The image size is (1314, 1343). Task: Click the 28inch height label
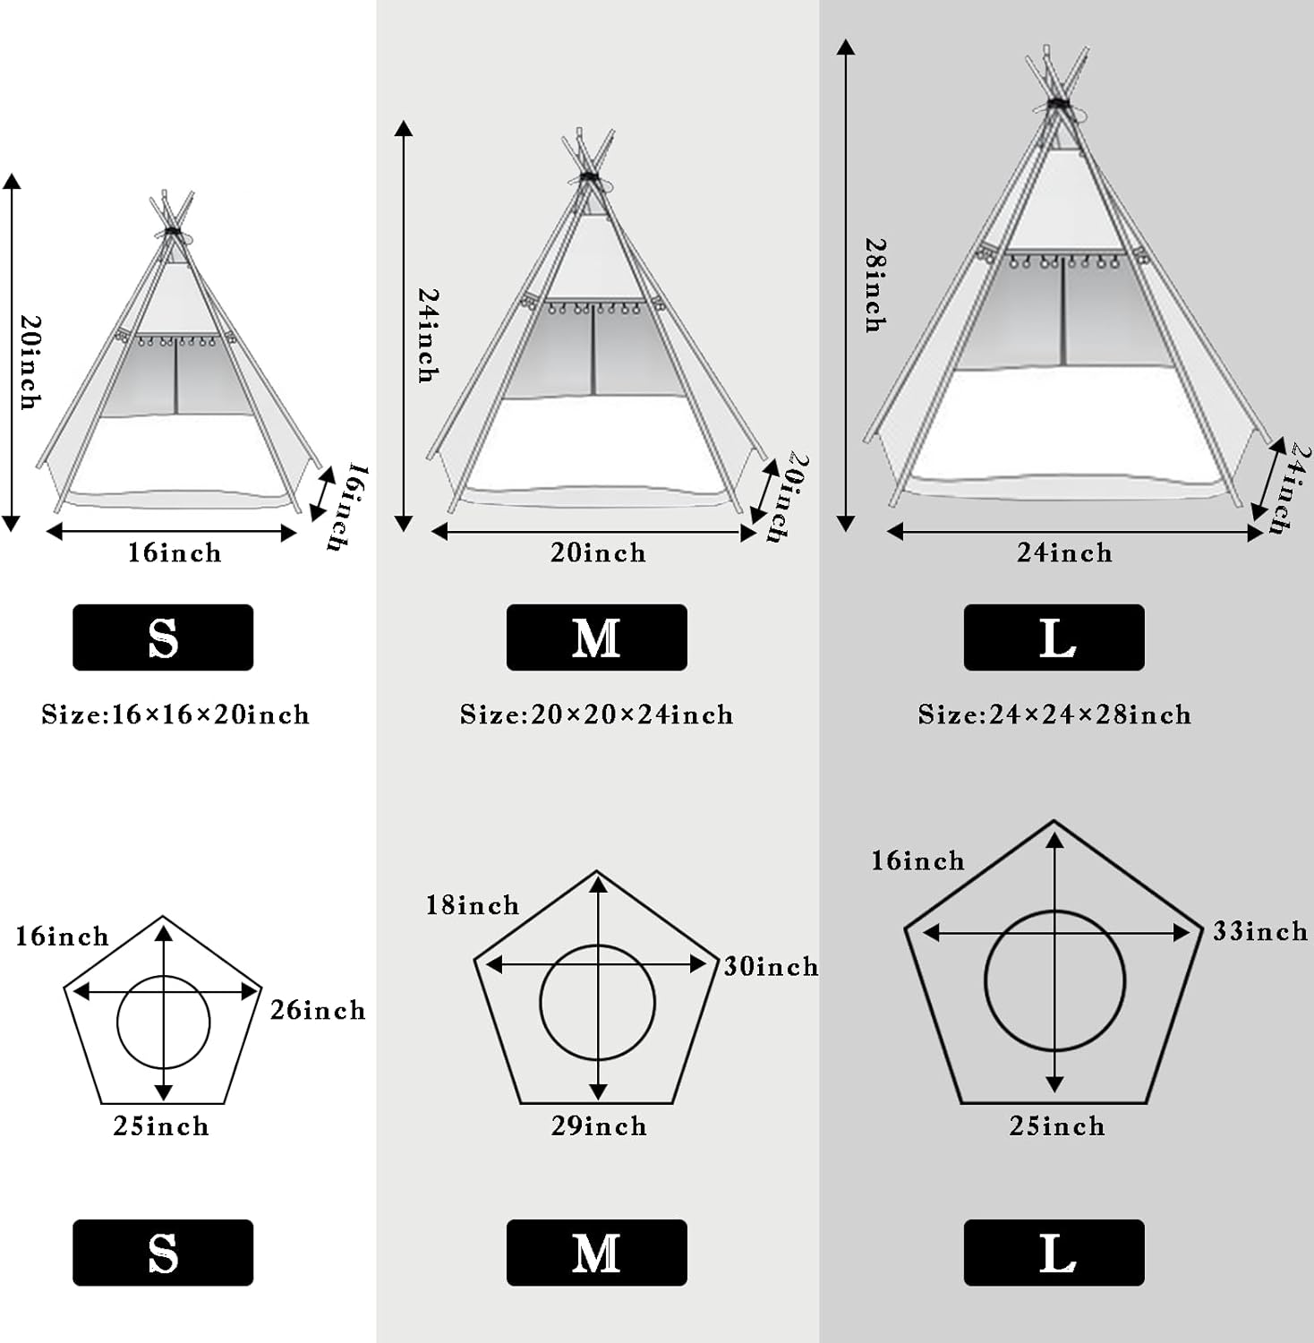pos(875,285)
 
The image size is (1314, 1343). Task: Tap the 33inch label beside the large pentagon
pos(1259,932)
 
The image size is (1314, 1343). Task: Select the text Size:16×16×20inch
pos(175,714)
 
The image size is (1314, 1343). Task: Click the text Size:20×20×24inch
pos(596,714)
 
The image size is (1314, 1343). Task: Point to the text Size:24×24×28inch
pos(1054,714)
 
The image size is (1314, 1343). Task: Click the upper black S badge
pos(163,637)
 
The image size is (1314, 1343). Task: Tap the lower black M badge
pos(596,1253)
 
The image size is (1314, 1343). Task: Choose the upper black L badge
pos(1054,637)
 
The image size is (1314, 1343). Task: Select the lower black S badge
pos(163,1253)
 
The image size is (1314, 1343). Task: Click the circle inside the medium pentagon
pos(598,1003)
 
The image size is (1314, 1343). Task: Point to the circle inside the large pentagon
pos(1054,980)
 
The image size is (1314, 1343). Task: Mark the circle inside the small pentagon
pos(163,1022)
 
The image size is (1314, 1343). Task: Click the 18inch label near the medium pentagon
pos(472,905)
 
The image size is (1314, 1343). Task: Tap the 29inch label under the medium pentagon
pos(599,1125)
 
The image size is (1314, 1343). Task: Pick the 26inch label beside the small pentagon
pos(318,1010)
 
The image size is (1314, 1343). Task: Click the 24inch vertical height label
pos(429,335)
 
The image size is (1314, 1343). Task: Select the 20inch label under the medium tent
pos(598,552)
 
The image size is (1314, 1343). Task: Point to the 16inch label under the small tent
pos(174,552)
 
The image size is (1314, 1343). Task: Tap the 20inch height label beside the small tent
pos(30,362)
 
